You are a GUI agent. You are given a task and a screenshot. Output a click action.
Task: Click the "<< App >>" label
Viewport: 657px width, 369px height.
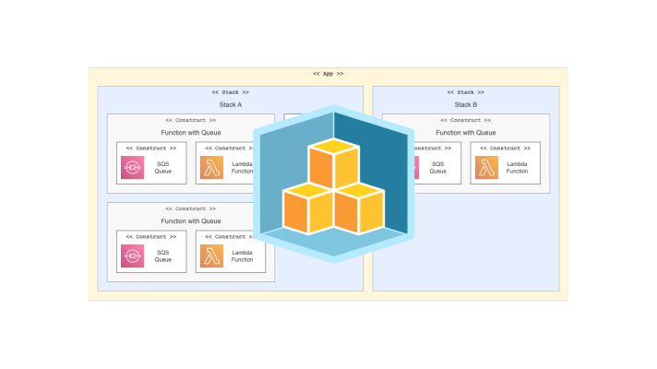[328, 74]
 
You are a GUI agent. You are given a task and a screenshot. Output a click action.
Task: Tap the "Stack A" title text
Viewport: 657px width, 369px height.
[230, 104]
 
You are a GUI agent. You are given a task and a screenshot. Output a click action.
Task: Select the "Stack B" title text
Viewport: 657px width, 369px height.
[465, 104]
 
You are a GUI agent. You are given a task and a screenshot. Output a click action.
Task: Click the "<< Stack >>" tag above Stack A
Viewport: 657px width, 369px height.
[230, 92]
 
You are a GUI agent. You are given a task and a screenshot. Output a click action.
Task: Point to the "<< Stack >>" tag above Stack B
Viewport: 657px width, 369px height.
[465, 92]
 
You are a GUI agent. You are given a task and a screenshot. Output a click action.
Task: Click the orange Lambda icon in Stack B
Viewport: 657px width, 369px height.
[488, 167]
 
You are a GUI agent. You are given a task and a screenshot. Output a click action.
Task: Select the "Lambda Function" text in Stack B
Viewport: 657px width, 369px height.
[518, 168]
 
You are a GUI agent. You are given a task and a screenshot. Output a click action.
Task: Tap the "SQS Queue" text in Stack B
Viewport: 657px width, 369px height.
[437, 168]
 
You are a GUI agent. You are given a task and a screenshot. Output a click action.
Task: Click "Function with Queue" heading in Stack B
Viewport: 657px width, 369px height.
[465, 132]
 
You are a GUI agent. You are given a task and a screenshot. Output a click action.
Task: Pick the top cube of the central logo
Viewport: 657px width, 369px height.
[333, 164]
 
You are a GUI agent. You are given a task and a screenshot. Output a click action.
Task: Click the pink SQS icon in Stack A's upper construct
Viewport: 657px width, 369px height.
[132, 167]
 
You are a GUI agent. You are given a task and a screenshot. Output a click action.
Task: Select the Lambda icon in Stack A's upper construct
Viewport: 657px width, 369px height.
[212, 167]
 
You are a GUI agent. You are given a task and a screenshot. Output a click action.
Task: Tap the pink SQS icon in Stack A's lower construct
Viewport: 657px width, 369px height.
[132, 256]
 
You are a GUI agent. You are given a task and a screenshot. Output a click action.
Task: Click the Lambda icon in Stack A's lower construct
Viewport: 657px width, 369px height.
[212, 256]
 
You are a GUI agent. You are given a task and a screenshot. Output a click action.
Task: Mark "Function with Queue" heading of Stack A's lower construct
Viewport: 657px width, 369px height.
[191, 220]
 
